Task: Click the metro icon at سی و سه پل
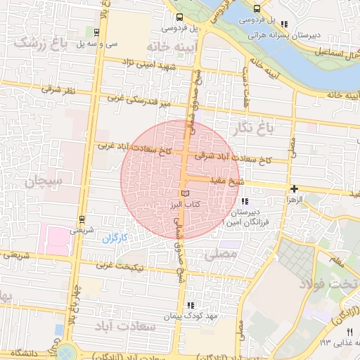click(x=95, y=32)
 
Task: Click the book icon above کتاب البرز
click(x=185, y=193)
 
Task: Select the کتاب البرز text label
click(x=185, y=204)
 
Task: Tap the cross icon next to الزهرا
click(x=294, y=188)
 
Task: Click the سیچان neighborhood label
click(x=44, y=181)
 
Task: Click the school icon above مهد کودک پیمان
click(x=190, y=305)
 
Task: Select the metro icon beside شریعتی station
click(x=82, y=219)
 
